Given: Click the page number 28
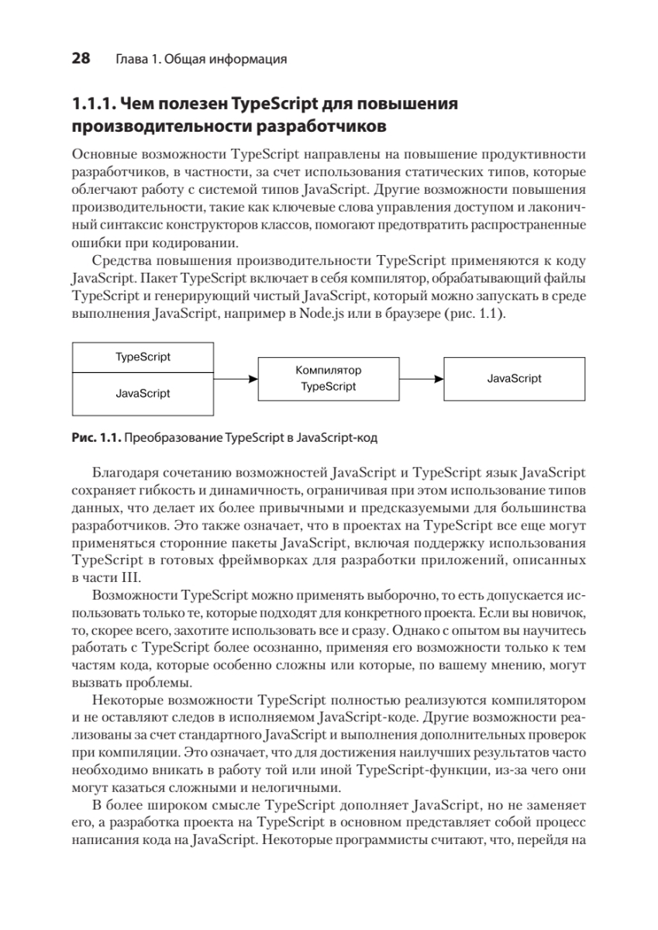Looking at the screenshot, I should pos(81,58).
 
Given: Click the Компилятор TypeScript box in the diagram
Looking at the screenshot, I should pos(329,379).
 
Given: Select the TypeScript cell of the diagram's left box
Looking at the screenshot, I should pos(143,356).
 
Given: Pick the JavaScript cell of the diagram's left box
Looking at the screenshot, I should pos(143,394).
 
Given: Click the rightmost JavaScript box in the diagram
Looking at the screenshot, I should pos(514,379).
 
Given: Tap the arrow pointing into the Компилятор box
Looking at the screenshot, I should pos(236,379).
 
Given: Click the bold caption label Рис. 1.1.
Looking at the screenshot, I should pos(96,437).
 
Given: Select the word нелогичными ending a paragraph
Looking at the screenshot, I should pos(302,785).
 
